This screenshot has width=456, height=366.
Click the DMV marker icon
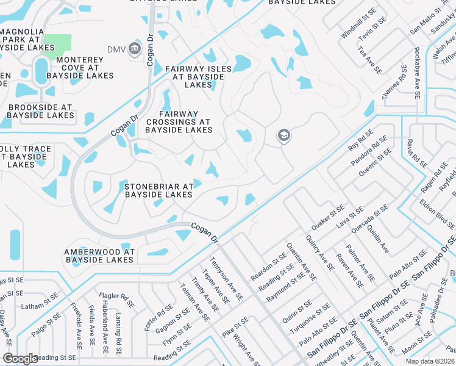click(x=135, y=49)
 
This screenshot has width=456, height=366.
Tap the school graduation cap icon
click(x=283, y=136)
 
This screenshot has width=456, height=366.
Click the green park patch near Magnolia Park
click(x=57, y=43)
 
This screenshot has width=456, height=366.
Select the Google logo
click(x=20, y=359)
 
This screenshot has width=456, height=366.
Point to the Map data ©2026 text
click(x=430, y=361)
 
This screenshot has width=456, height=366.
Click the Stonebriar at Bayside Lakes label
click(x=159, y=190)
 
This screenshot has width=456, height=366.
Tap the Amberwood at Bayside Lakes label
click(x=99, y=256)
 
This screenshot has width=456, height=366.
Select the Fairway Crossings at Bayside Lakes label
click(x=179, y=122)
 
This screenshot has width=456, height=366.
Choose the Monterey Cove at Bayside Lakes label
click(x=76, y=68)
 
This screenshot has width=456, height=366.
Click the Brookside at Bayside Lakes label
click(x=40, y=111)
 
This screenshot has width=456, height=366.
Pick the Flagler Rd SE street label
click(x=118, y=300)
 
